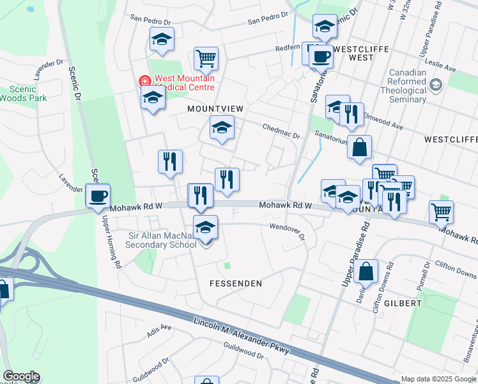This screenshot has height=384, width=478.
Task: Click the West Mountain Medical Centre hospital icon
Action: tap(144, 82)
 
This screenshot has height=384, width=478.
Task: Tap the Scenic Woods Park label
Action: tap(24, 93)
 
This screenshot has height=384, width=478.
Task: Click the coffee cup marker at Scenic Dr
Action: tap(98, 196)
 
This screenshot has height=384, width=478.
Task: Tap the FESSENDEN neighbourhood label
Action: tap(236, 282)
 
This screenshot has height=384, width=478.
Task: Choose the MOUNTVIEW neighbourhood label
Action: tap(215, 109)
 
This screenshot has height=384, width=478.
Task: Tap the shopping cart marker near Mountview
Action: tap(206, 59)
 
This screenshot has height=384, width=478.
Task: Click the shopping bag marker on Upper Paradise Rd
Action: tap(367, 271)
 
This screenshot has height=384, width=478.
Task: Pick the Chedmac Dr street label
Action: tap(281, 131)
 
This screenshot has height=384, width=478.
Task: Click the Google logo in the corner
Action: tap(21, 377)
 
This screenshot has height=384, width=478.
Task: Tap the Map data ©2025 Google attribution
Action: tap(438, 379)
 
